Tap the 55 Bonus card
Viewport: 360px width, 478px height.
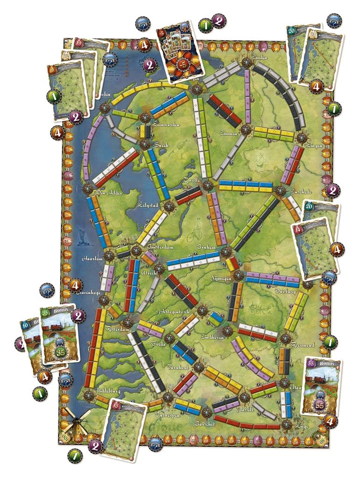click(x=321, y=386)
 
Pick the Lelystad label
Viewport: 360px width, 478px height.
click(x=149, y=204)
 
